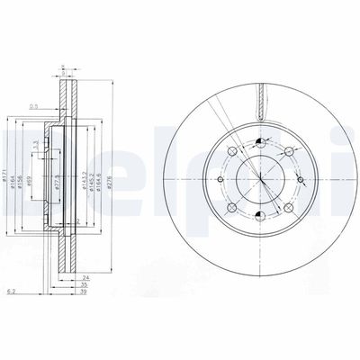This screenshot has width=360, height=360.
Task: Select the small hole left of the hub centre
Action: coord(224,178)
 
